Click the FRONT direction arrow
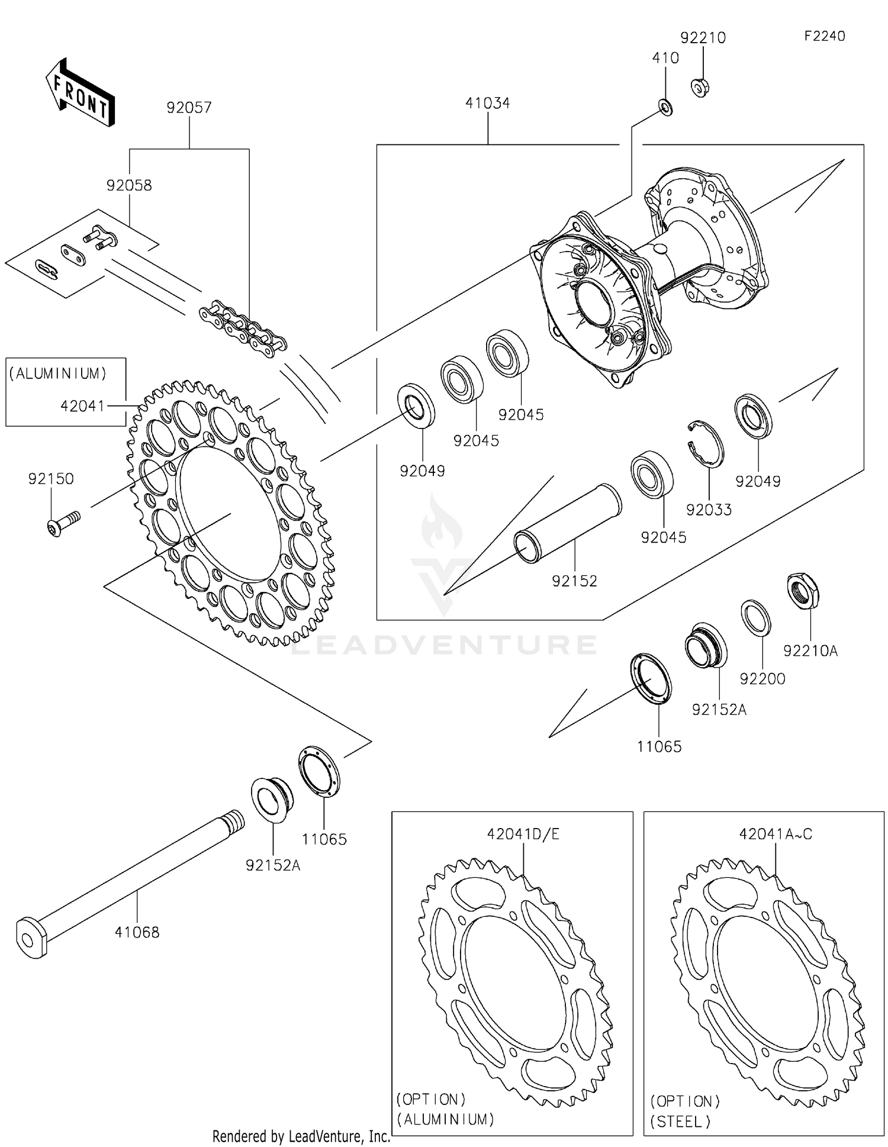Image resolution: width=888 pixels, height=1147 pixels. (x=80, y=93)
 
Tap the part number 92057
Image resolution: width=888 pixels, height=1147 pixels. (x=189, y=108)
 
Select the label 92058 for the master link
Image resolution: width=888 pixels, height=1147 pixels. (x=129, y=185)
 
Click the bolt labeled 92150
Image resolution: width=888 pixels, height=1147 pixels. (x=62, y=524)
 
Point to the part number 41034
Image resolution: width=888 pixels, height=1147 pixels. (x=487, y=103)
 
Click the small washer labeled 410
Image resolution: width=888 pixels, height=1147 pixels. (x=665, y=109)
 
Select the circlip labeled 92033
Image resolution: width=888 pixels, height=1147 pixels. (x=707, y=444)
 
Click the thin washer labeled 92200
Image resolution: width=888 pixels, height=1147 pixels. (x=756, y=618)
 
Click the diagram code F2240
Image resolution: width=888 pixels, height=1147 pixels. (x=824, y=36)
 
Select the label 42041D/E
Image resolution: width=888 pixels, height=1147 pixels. (x=523, y=835)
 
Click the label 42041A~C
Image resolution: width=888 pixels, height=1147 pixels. (x=775, y=835)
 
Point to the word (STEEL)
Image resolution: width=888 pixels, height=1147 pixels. (x=681, y=1122)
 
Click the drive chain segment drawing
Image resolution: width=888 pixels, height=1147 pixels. (x=243, y=329)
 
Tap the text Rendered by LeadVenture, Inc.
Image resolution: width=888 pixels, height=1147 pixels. (x=301, y=1136)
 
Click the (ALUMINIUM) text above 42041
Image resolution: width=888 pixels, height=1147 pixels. (x=58, y=373)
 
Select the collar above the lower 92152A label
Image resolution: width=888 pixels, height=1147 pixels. (x=272, y=799)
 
